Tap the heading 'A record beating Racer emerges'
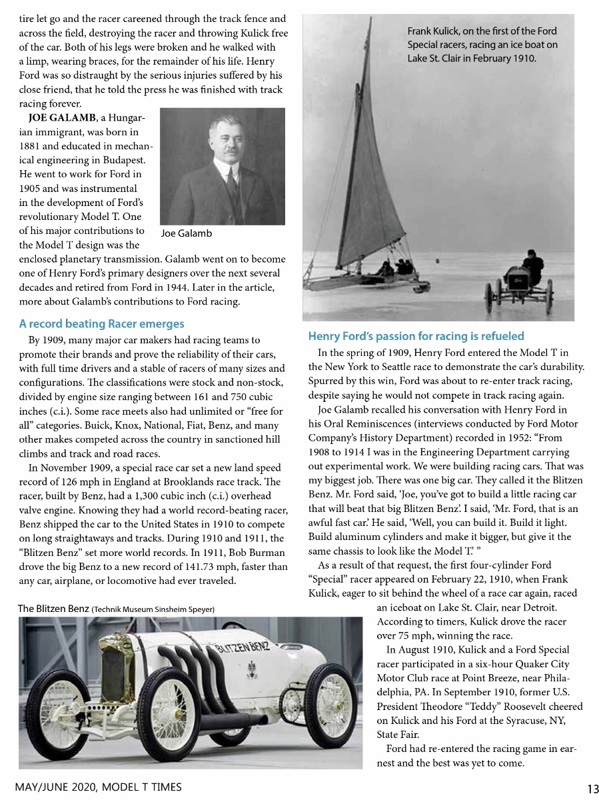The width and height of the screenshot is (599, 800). coord(101,324)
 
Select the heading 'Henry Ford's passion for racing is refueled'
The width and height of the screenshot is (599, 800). coord(416,336)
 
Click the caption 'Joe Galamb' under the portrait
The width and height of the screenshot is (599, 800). coord(187,233)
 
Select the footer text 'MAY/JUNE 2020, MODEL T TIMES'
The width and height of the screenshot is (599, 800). coord(98,787)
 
